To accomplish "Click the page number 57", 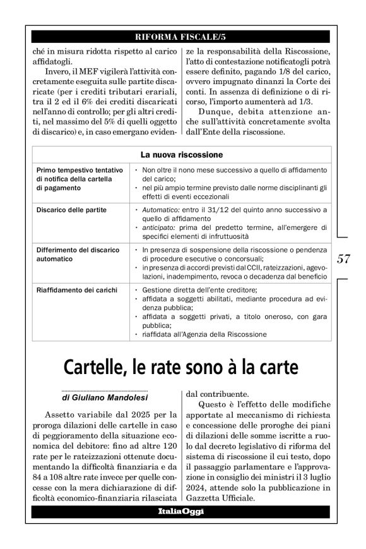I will coord(344,258).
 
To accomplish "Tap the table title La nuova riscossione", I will coord(182,155).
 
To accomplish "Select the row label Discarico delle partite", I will coord(71,209).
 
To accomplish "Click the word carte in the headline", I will coord(280,367).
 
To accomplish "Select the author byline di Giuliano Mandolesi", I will coord(104,399).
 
